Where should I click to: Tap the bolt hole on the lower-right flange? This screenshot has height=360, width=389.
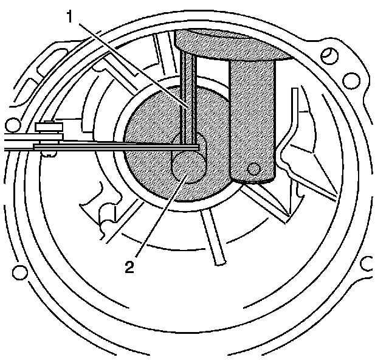pos(367,264)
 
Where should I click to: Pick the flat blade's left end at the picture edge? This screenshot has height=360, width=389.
pos(4,145)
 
